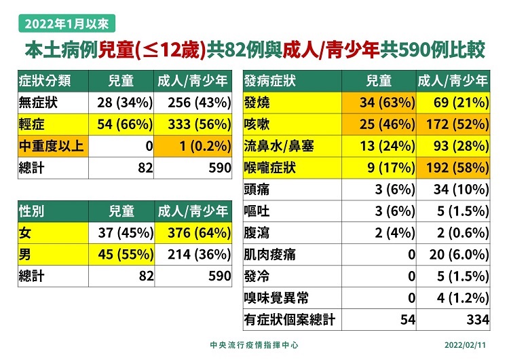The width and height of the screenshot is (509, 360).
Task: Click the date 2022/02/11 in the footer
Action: pos(466,345)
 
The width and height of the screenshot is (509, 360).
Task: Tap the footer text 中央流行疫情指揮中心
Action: pos(255,345)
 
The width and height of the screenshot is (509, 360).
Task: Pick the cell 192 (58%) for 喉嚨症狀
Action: pos(453,168)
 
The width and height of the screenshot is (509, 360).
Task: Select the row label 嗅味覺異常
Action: pos(276,297)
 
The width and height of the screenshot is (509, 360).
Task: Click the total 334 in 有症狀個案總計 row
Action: pos(475,319)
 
